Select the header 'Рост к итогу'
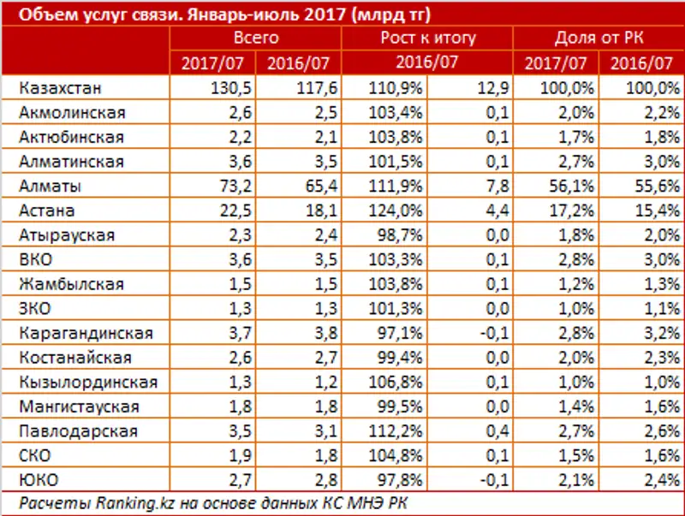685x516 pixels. point(426,39)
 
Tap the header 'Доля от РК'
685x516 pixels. point(599,39)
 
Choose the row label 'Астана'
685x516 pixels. point(50,211)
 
